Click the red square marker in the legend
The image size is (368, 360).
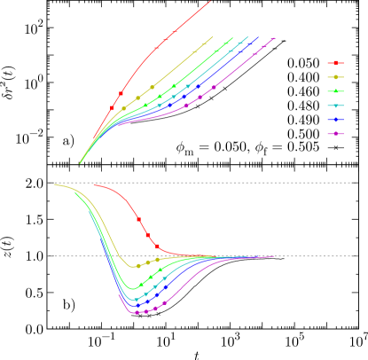[335, 63]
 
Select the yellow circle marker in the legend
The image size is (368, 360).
[335, 77]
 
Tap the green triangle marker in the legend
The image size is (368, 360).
[335, 91]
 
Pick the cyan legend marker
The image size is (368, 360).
[335, 106]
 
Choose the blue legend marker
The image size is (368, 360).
[335, 120]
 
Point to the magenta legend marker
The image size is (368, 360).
[335, 134]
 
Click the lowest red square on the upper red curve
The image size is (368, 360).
[112, 108]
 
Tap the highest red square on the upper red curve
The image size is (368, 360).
[175, 31]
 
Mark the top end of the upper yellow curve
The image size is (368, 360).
[214, 37]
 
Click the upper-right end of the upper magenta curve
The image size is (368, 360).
[275, 38]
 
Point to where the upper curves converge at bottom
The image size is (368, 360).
[81, 163]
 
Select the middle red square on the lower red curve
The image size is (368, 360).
[147, 235]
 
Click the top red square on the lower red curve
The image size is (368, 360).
[138, 219]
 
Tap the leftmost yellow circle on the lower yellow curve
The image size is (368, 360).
[138, 266]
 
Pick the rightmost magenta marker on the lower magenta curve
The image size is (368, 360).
[164, 303]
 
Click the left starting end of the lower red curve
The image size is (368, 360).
[94, 185]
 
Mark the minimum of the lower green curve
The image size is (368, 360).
[134, 289]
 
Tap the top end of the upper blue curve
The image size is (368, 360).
[258, 37]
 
